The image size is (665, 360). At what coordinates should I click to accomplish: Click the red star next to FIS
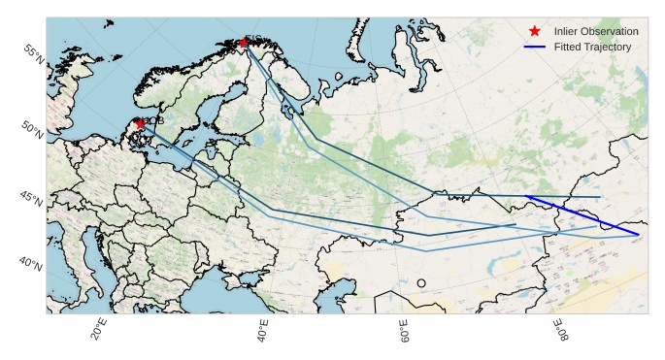coord(244,42)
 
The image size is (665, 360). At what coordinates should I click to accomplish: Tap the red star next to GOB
coord(141,123)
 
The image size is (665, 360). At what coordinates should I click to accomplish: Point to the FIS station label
coord(254,38)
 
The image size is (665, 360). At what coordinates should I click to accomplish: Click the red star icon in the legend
coord(535,31)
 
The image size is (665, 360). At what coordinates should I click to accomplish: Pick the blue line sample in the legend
coord(535,47)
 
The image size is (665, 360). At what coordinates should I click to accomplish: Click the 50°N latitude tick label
coord(31,128)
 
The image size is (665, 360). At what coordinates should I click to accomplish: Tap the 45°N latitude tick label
coord(31,199)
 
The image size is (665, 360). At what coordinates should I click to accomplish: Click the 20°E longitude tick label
coord(98,332)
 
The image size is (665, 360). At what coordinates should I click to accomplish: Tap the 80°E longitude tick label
coord(562,333)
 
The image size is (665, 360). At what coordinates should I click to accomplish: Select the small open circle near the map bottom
coord(421,282)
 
